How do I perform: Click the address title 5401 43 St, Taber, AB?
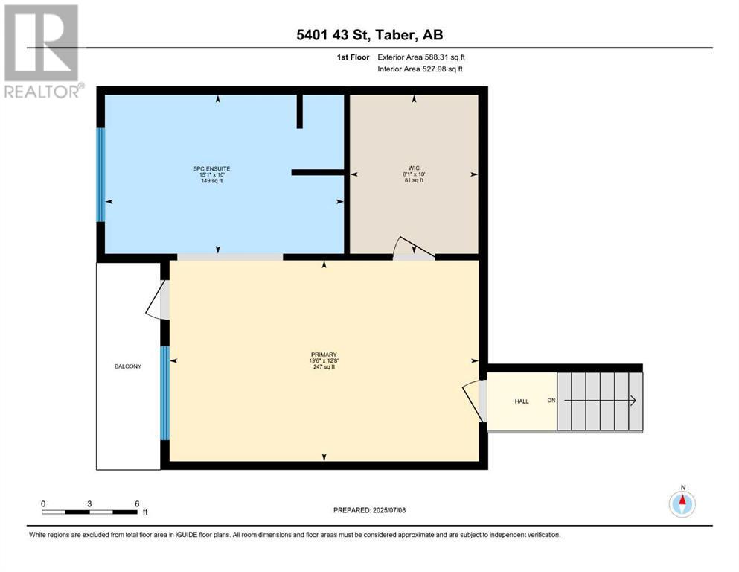pyautogui.click(x=369, y=35)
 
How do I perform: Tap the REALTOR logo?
pyautogui.click(x=42, y=51)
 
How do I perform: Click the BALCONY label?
pyautogui.click(x=128, y=366)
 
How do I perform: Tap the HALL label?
pyautogui.click(x=522, y=401)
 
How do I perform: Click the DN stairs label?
pyautogui.click(x=551, y=401)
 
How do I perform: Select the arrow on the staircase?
pyautogui.click(x=601, y=401)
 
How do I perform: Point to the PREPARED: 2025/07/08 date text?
pyautogui.click(x=369, y=510)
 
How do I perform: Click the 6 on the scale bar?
pyautogui.click(x=137, y=503)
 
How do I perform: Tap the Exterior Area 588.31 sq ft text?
pyautogui.click(x=421, y=57)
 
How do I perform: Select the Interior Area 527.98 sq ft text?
pyautogui.click(x=420, y=69)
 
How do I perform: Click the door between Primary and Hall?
pyautogui.click(x=473, y=401)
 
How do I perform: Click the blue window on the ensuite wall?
pyautogui.click(x=100, y=174)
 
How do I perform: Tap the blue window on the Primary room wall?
pyautogui.click(x=164, y=393)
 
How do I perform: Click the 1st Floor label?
pyautogui.click(x=353, y=57)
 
